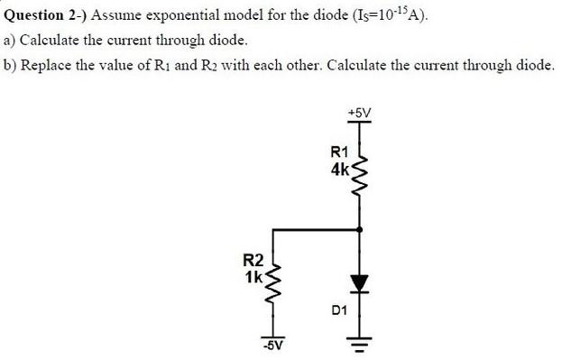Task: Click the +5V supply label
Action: tap(359, 112)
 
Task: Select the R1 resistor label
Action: tap(339, 152)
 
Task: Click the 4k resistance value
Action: tap(340, 168)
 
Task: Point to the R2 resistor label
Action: tap(253, 261)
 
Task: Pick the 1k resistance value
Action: tap(253, 276)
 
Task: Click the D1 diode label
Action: tap(339, 309)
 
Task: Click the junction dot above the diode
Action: tap(361, 230)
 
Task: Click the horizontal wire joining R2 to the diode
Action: tap(316, 230)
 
